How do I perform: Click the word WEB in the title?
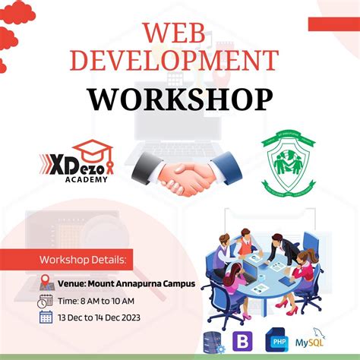(179, 34)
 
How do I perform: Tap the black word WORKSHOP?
(179, 99)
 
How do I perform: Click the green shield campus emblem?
(289, 161)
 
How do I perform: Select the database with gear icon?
(213, 342)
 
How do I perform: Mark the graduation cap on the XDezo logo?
(96, 148)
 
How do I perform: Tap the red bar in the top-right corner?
(334, 24)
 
